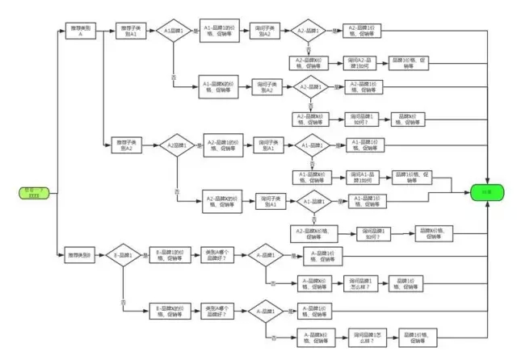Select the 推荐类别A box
point(82,31)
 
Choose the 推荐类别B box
point(82,256)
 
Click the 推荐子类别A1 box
point(128,31)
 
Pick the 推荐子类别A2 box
point(128,145)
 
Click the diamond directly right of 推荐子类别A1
point(174,31)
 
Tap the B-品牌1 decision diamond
point(127,256)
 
